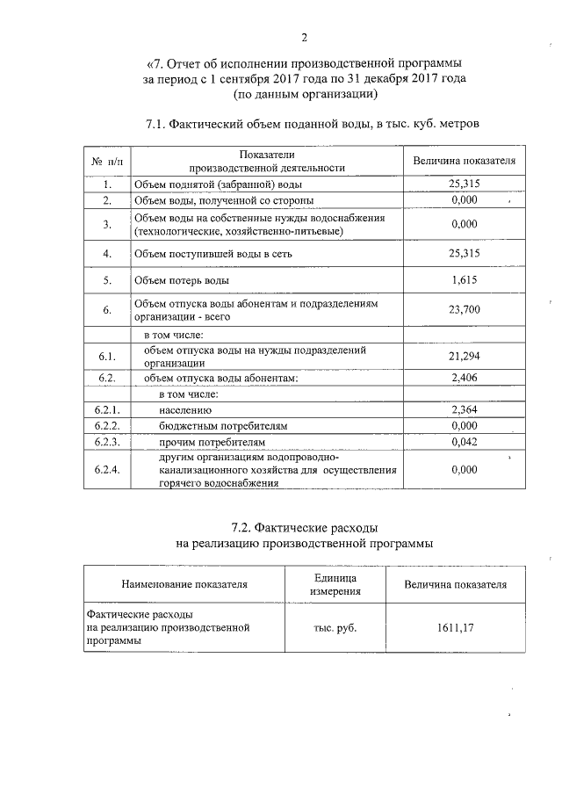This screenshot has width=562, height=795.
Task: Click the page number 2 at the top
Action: pos(304,37)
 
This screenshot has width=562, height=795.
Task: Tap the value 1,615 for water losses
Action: pos(463,280)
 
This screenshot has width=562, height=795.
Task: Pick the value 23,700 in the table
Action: pos(463,310)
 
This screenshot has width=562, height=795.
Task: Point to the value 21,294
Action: pos(463,356)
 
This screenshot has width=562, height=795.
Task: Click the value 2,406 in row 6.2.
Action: pos(463,379)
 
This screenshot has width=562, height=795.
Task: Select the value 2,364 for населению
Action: pos(463,410)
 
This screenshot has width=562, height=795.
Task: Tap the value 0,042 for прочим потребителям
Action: pos(463,441)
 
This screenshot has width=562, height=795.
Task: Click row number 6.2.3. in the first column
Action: pos(106,441)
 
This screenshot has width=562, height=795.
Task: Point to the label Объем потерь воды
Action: pos(180,280)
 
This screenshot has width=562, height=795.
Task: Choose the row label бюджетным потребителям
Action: pos(223,426)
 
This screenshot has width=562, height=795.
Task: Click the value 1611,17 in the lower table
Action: pos(454,628)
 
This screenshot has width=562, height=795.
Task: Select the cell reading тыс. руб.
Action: pos(335,628)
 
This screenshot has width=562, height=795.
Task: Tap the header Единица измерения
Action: pos(335,584)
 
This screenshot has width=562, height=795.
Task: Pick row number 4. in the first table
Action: pos(106,253)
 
